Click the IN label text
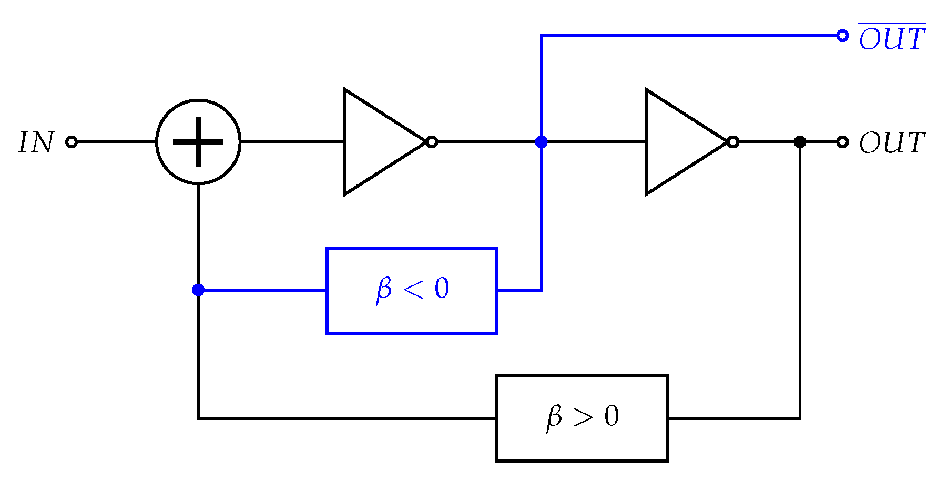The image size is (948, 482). tap(36, 142)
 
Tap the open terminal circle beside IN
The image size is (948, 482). tap(72, 142)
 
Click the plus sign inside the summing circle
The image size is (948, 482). tap(198, 142)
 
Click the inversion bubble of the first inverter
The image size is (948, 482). tap(432, 142)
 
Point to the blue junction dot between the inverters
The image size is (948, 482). tap(541, 142)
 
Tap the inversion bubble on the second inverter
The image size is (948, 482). tap(733, 142)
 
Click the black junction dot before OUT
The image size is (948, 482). tap(800, 142)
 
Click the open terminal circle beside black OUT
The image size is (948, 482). tap(842, 142)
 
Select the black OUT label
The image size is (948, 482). tap(892, 143)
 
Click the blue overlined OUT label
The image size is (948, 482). tap(892, 39)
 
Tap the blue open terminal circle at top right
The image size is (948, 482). tap(842, 36)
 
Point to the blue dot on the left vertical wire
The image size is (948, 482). tap(198, 290)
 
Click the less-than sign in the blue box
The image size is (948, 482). tap(413, 290)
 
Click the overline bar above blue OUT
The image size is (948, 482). tap(892, 24)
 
